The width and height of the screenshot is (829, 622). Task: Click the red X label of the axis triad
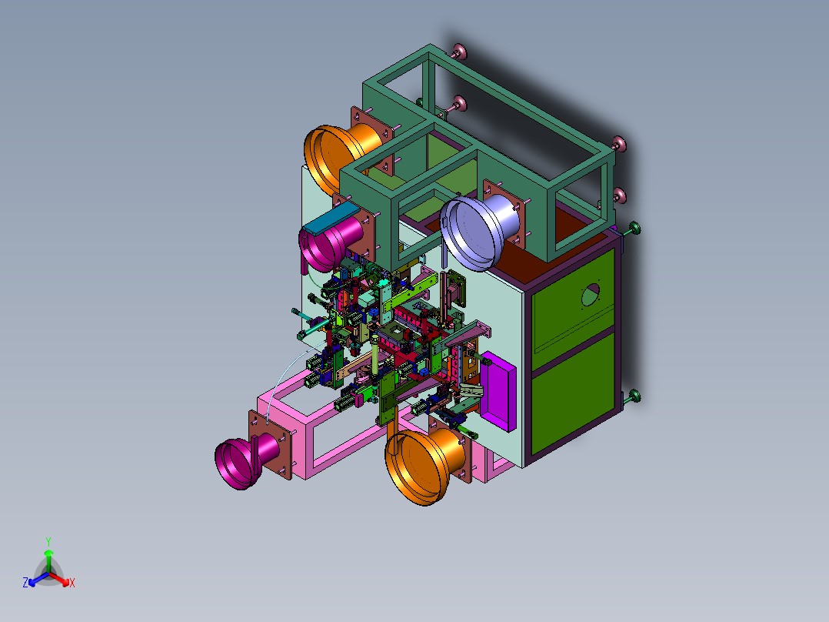pyautogui.click(x=72, y=583)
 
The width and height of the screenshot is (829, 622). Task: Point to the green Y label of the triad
pyautogui.click(x=48, y=541)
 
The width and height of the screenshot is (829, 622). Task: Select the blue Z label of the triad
pyautogui.click(x=25, y=583)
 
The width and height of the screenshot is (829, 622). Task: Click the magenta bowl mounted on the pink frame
pyautogui.click(x=245, y=460)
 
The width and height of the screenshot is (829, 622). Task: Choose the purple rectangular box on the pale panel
pyautogui.click(x=498, y=391)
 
